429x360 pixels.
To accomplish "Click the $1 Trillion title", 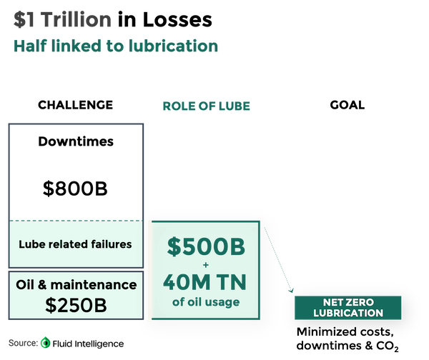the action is click(56, 18).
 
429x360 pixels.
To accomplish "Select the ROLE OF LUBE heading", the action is click(205, 106).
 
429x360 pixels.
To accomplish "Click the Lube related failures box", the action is click(75, 244).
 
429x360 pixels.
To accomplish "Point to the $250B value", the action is click(75, 305).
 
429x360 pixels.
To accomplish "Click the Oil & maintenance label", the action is click(75, 285).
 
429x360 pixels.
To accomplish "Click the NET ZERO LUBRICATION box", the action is click(348, 307).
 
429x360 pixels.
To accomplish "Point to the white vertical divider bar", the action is click(149, 270).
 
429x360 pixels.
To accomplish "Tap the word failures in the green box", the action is click(106, 244).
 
